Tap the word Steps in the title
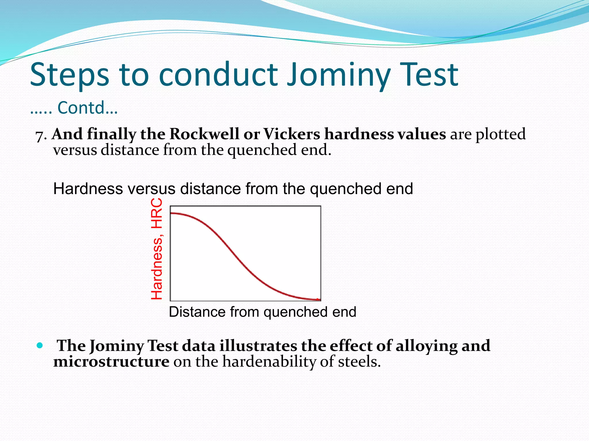pyautogui.click(x=69, y=75)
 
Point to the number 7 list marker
pyautogui.click(x=39, y=136)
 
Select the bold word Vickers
pyautogui.click(x=292, y=134)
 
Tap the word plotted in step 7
pyautogui.click(x=500, y=134)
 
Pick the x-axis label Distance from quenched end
pyautogui.click(x=262, y=312)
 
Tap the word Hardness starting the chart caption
pyautogui.click(x=88, y=189)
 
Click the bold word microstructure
pyautogui.click(x=111, y=361)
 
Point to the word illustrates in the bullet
pyautogui.click(x=258, y=345)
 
